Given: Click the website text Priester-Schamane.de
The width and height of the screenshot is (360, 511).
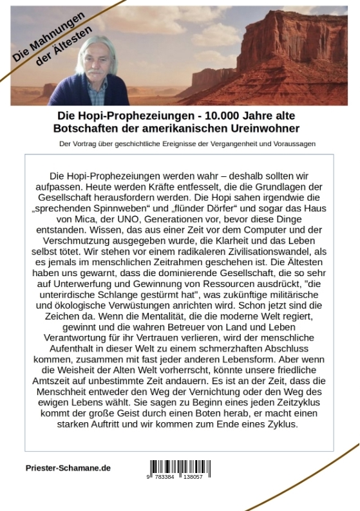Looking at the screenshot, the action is point(68,468).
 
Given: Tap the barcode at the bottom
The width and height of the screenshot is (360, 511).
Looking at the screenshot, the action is point(176,467).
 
